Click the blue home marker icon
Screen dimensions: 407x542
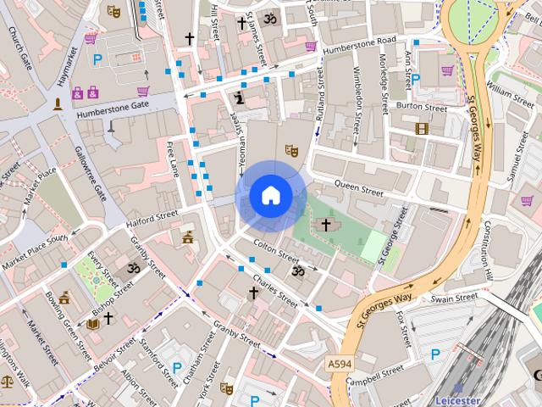tap(270, 196)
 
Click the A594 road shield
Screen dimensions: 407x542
tap(340, 364)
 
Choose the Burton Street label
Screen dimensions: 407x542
tap(421, 108)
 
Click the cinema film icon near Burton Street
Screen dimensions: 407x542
tap(422, 129)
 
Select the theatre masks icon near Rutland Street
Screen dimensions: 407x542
tap(291, 150)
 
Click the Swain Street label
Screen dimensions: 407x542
tap(454, 298)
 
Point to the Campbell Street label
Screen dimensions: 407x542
tap(375, 374)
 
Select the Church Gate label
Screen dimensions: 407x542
tap(19, 48)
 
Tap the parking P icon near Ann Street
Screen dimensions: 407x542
tap(416, 78)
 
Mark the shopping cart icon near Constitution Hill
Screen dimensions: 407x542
tap(527, 201)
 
